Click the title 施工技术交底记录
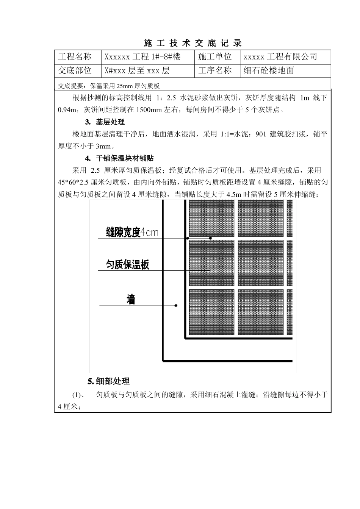point(193,43)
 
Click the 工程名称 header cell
point(75,57)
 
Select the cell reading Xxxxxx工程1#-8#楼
point(142,57)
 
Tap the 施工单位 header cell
point(215,57)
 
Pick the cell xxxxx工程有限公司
point(280,57)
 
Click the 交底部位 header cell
point(75,71)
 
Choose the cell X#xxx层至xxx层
point(137,71)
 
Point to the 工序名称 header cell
point(215,71)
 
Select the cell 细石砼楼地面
point(269,71)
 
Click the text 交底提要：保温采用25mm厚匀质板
point(109,86)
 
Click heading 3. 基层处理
point(105,122)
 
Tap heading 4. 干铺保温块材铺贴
point(119,158)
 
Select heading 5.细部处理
point(108,381)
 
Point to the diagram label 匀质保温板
point(127,265)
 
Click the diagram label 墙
point(131,300)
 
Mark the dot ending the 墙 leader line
point(176,305)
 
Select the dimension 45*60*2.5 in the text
point(74,183)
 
